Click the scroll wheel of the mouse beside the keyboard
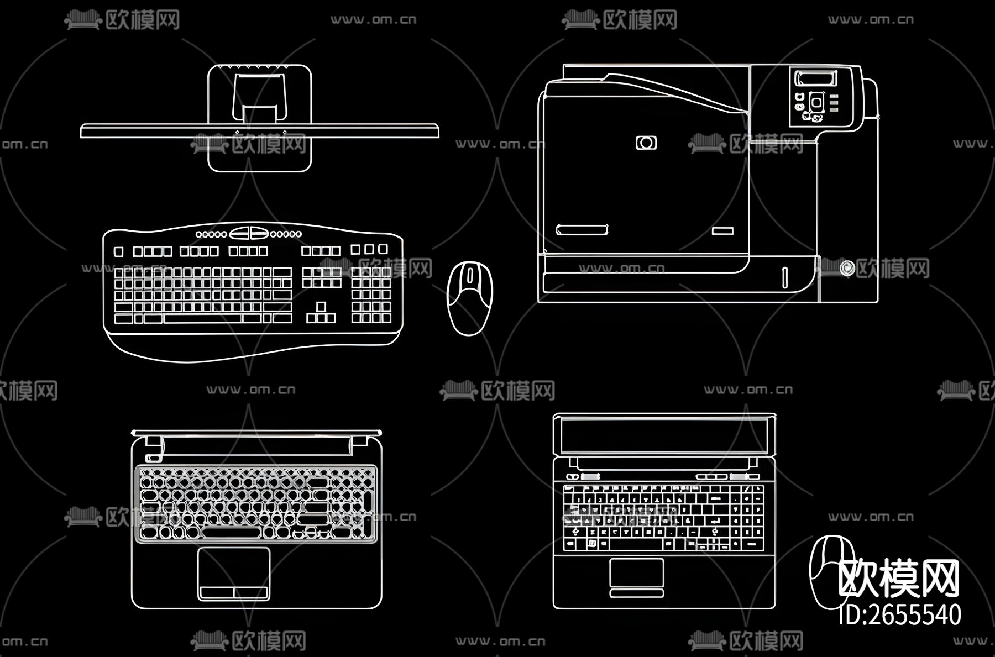470,275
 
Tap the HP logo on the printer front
646,143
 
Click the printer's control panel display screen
813,78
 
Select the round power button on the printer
846,268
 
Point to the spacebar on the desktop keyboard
202,318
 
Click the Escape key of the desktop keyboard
118,252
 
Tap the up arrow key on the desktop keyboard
321,307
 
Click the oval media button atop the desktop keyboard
249,233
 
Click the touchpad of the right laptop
636,573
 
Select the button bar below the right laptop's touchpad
636,593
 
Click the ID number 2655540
899,614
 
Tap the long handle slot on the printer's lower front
582,230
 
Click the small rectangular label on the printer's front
722,231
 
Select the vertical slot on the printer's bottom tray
784,277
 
